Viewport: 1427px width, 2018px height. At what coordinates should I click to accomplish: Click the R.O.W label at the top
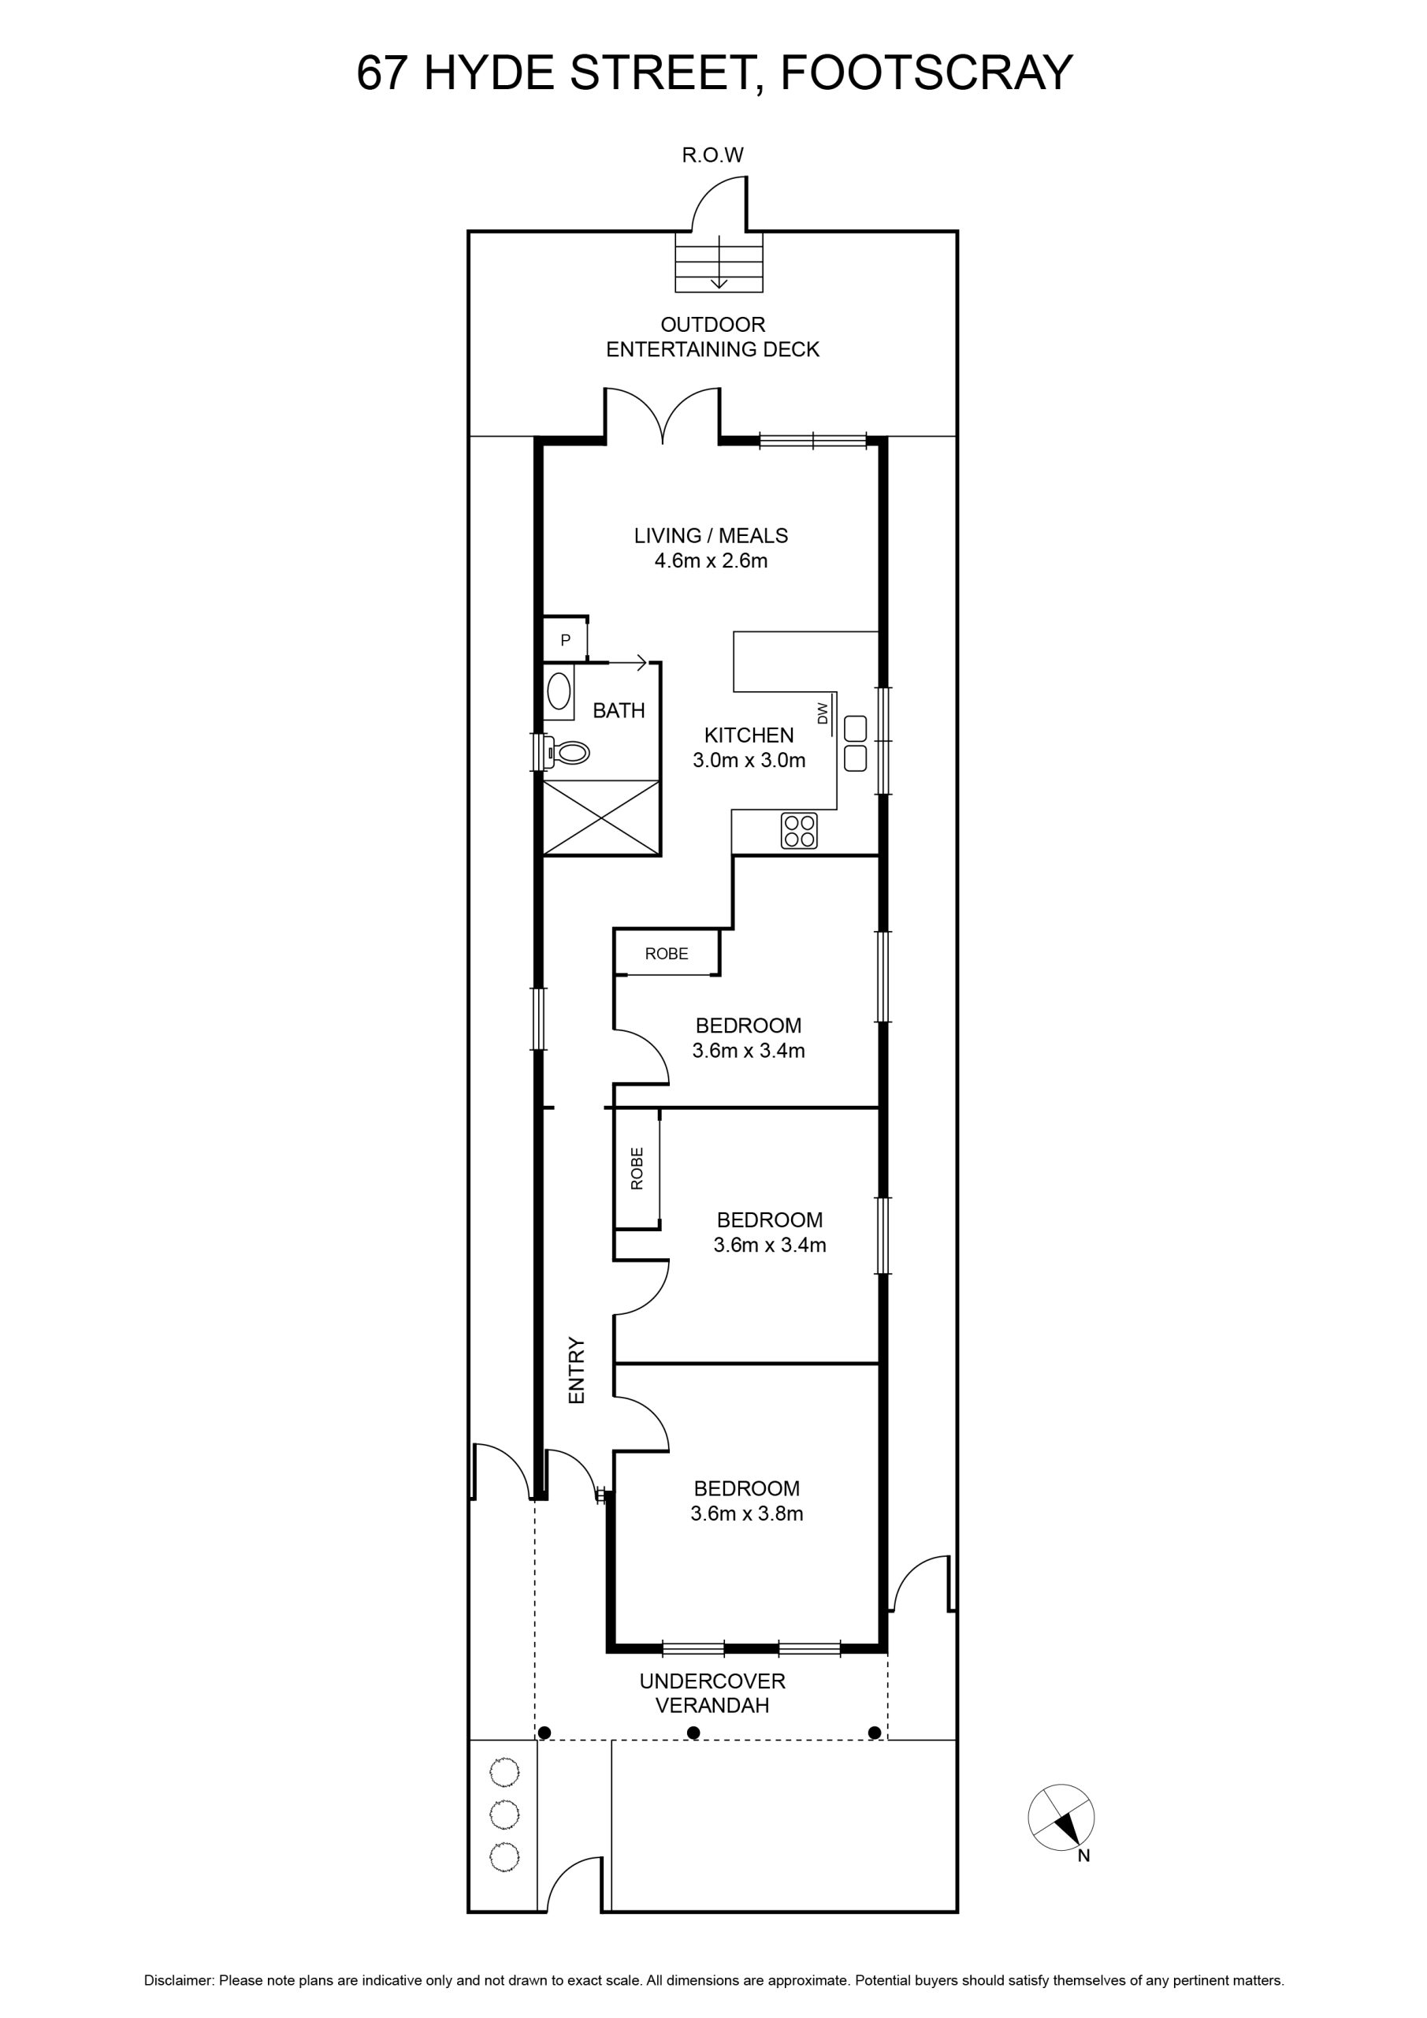pyautogui.click(x=712, y=155)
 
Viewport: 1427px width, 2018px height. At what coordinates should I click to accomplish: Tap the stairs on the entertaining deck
pyautogui.click(x=719, y=262)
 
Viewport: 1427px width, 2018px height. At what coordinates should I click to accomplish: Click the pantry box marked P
pyautogui.click(x=565, y=640)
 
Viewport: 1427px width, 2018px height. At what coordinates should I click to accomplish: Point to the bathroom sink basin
pyautogui.click(x=559, y=691)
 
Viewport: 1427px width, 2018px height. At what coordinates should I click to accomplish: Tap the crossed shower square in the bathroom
pyautogui.click(x=602, y=817)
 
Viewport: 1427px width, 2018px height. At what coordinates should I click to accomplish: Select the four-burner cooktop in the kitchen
pyautogui.click(x=800, y=831)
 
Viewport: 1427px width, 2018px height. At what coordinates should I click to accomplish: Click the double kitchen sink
pyautogui.click(x=856, y=743)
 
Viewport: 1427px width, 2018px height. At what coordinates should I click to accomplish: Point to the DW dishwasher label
pyautogui.click(x=823, y=713)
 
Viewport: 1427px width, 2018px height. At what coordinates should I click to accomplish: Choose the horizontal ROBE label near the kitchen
pyautogui.click(x=666, y=954)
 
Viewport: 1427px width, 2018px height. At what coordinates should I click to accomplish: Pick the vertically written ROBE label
pyautogui.click(x=637, y=1168)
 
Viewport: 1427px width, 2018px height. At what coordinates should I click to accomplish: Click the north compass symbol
pyautogui.click(x=1061, y=1818)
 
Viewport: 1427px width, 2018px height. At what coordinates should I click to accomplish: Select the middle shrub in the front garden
pyautogui.click(x=504, y=1813)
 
